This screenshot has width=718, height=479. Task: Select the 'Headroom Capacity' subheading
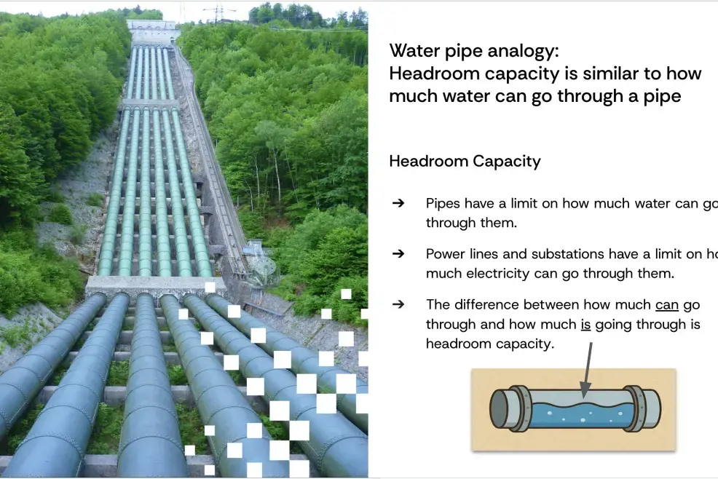pyautogui.click(x=465, y=161)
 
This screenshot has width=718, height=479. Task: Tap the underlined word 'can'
pyautogui.click(x=667, y=305)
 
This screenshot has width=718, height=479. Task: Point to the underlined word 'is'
pyautogui.click(x=585, y=324)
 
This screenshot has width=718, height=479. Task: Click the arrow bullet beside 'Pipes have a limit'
pyautogui.click(x=398, y=203)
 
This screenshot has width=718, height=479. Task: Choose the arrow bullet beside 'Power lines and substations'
pyautogui.click(x=398, y=253)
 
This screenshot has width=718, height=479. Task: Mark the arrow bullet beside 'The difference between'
pyautogui.click(x=398, y=304)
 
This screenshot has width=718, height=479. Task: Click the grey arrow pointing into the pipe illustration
pyautogui.click(x=587, y=370)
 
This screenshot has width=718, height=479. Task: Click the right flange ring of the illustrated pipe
pyautogui.click(x=636, y=408)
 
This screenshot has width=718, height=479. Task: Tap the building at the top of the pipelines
pyautogui.click(x=151, y=31)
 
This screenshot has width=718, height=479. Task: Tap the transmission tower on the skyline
pyautogui.click(x=219, y=14)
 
